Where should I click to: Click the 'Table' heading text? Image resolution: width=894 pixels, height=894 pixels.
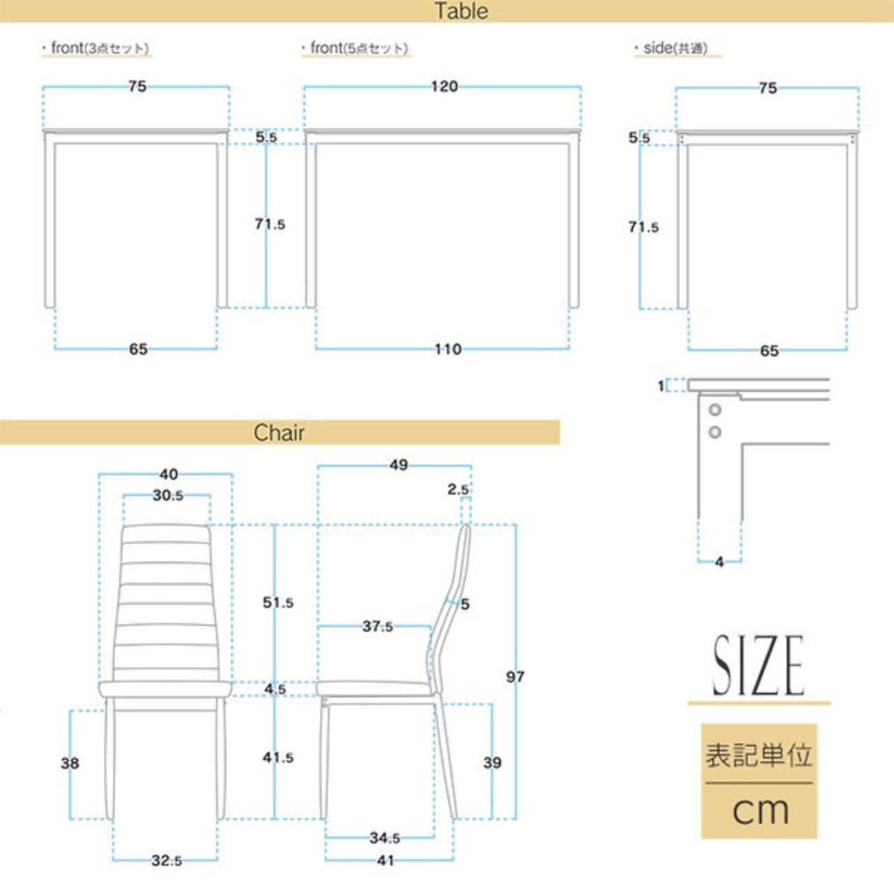click(461, 10)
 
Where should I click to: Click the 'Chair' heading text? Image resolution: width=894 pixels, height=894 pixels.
click(279, 433)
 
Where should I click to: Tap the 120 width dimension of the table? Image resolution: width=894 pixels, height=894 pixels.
click(444, 87)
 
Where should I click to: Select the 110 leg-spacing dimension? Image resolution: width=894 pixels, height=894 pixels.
click(448, 349)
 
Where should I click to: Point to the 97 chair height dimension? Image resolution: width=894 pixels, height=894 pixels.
click(515, 677)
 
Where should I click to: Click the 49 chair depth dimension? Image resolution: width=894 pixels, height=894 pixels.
click(399, 465)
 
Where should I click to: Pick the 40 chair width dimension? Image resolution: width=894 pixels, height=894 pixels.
click(168, 474)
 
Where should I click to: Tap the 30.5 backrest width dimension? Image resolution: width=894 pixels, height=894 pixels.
click(168, 495)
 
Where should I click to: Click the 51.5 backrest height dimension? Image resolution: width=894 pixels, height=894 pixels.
click(278, 602)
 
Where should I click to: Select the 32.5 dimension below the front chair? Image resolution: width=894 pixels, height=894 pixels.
click(166, 860)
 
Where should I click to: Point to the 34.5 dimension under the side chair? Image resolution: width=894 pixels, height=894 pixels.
click(385, 838)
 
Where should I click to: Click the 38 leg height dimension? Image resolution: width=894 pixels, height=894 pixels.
click(70, 763)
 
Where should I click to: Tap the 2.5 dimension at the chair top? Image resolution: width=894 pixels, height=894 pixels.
click(458, 489)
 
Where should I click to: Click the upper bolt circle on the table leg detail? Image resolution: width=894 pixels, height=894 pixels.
click(715, 410)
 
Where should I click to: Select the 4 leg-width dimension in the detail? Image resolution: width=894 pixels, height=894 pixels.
click(719, 562)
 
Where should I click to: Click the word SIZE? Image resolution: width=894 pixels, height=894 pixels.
click(758, 666)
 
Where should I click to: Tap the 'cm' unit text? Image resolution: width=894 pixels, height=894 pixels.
click(761, 810)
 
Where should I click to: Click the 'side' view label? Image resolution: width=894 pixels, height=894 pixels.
click(675, 47)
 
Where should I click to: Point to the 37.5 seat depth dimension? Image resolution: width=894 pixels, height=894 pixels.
click(377, 626)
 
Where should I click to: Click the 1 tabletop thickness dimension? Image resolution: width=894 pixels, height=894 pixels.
click(661, 386)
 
